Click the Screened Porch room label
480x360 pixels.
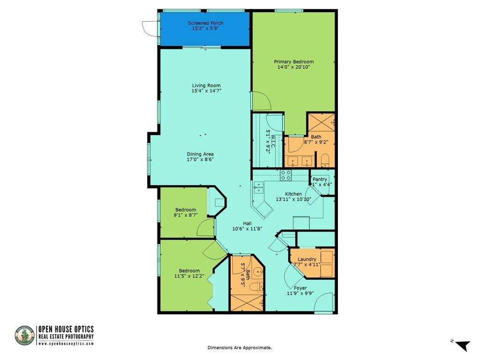click(x=205, y=23)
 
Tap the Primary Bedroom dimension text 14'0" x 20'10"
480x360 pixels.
click(x=294, y=67)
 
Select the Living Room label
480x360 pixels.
click(x=206, y=85)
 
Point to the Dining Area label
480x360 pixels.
click(x=200, y=154)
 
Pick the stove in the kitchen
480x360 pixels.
click(x=286, y=175)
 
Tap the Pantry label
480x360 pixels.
click(x=320, y=179)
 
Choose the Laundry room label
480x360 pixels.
click(x=307, y=259)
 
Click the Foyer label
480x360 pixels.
click(x=300, y=288)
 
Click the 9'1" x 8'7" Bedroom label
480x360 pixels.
click(x=186, y=210)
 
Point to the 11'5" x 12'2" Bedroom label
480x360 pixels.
click(x=189, y=271)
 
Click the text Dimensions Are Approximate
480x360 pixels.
click(x=240, y=348)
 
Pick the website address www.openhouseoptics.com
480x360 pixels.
click(x=66, y=344)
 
